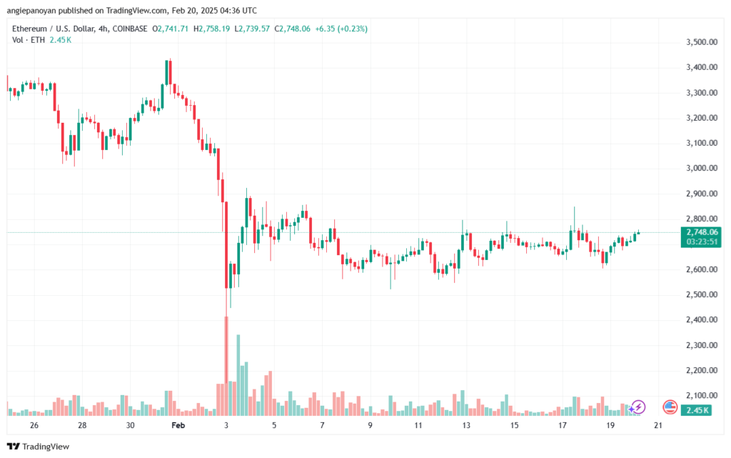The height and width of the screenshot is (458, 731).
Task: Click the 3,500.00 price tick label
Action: click(702, 42)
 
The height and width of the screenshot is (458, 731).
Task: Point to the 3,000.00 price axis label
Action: click(702, 169)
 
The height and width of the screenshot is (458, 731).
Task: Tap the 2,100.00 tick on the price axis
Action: click(702, 396)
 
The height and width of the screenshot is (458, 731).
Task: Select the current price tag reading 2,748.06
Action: click(702, 232)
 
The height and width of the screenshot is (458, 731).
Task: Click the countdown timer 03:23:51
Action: click(702, 242)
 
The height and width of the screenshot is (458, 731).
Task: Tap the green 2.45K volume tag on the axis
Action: click(696, 410)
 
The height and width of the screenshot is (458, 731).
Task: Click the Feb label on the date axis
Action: click(178, 425)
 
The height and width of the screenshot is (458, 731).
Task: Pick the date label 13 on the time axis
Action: click(466, 425)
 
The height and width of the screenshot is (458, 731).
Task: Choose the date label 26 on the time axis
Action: click(34, 425)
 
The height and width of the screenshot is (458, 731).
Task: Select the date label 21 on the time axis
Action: click(657, 425)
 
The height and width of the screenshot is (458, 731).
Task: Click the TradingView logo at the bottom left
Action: click(39, 447)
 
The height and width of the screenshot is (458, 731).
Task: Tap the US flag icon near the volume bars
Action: click(670, 407)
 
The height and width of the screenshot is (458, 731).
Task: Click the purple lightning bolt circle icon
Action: click(637, 407)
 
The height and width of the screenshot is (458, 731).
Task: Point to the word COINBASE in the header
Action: click(130, 29)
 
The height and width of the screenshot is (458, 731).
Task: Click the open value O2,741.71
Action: click(170, 29)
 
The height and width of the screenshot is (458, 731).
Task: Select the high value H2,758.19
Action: click(211, 29)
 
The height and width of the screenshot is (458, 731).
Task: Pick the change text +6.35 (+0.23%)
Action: click(341, 29)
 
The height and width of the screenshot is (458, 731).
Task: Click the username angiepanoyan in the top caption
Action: click(31, 10)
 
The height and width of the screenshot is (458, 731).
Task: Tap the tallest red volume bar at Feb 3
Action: click(226, 366)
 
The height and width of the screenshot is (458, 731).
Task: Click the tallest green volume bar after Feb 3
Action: click(238, 375)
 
